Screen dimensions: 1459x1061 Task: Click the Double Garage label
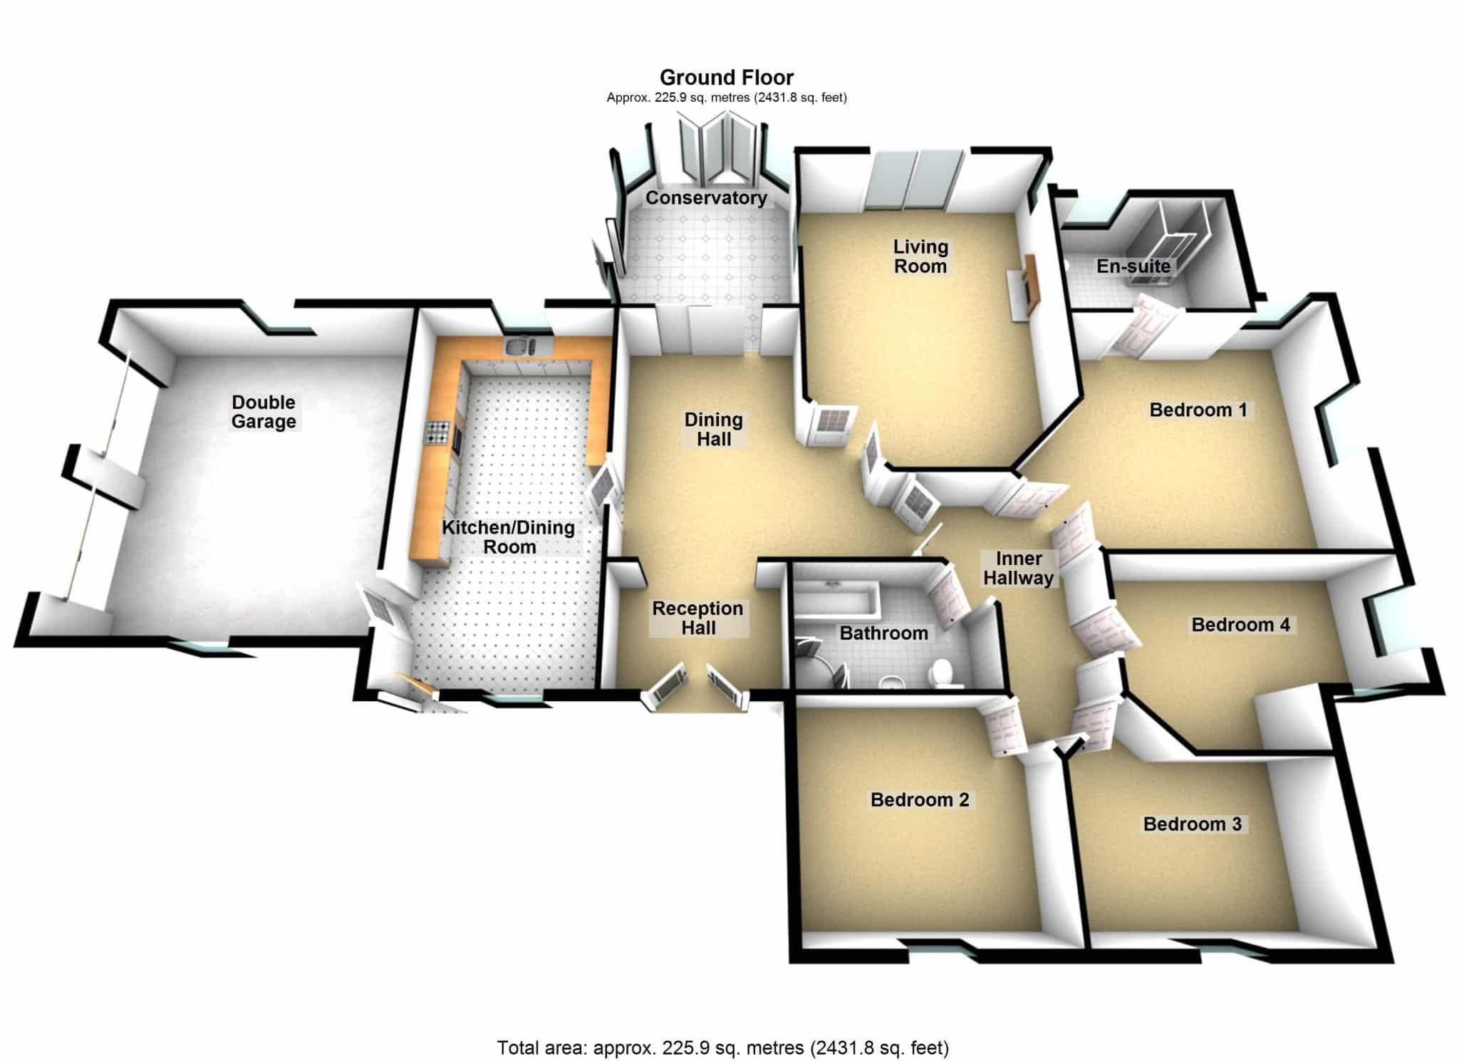coord(264,412)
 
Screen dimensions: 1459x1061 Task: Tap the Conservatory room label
coord(706,197)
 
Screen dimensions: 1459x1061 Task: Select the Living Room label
coord(920,257)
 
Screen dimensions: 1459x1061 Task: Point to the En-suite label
coord(1133,266)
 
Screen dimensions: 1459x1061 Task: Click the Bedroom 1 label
coord(1198,410)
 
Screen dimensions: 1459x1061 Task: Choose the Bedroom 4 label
coord(1241,625)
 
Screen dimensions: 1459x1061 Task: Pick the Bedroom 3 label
coord(1193,824)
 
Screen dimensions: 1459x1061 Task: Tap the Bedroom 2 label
coord(920,800)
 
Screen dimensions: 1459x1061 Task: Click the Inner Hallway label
coord(1019,568)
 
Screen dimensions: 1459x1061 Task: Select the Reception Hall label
coord(698,618)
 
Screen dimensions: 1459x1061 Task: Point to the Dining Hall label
coord(714,429)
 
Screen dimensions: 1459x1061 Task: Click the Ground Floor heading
coord(727,77)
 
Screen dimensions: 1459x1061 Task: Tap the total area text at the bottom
coord(723,1047)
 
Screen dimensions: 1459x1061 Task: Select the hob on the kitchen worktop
coord(435,433)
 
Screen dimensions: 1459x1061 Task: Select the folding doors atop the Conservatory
coord(717,151)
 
